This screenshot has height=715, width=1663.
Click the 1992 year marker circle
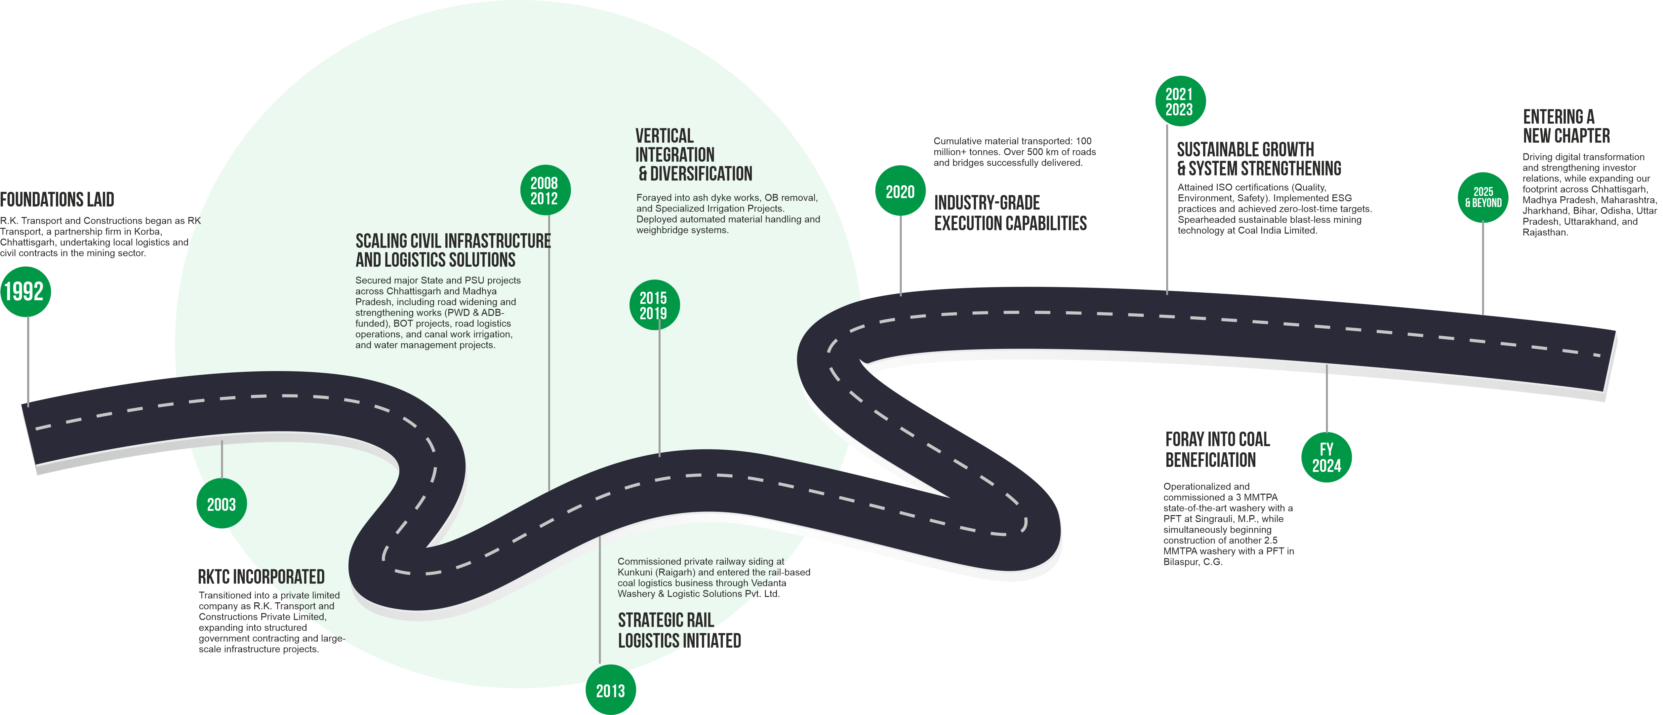24,292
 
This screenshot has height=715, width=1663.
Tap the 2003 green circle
222,504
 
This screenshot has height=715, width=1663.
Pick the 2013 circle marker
610,691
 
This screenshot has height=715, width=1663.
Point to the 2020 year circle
900,192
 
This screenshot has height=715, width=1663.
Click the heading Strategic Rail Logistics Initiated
679,630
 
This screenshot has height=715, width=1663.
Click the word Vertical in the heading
664,136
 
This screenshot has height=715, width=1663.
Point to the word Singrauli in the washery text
1205,519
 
